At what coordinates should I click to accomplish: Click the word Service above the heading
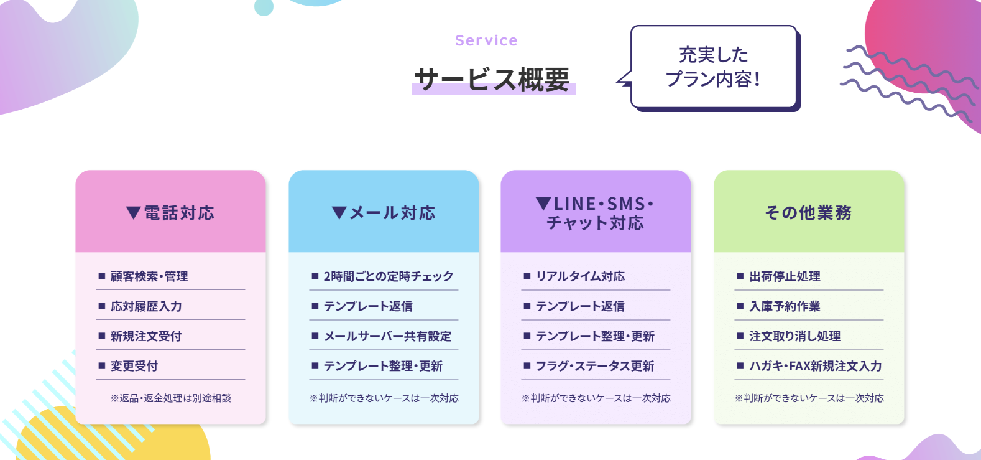pos(486,40)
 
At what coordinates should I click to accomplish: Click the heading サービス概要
pos(492,80)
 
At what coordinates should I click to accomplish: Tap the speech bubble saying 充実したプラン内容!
pos(714,67)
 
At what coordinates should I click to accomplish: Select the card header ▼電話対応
pos(170,213)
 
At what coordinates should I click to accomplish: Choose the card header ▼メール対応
pos(384,213)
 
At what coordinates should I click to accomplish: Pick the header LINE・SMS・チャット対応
pos(596,213)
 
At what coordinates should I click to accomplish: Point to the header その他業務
pos(808,213)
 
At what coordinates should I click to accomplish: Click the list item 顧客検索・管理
pos(149,276)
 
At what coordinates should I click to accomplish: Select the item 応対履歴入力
pos(146,306)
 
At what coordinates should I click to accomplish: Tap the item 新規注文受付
pos(146,336)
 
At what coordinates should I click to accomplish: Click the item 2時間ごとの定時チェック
pos(388,276)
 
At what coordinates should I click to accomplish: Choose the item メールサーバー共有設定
pos(387,336)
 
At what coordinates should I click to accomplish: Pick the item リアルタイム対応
pos(580,276)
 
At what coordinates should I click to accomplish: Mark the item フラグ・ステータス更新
pos(595,366)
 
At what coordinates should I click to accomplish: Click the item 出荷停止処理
pos(785,276)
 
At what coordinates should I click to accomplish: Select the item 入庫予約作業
pos(785,306)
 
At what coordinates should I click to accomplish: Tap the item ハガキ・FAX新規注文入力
pos(816,366)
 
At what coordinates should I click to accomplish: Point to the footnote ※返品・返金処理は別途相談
pos(170,398)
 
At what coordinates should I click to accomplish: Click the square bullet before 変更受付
pos(102,366)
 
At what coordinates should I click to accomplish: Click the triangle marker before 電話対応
pos(133,213)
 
